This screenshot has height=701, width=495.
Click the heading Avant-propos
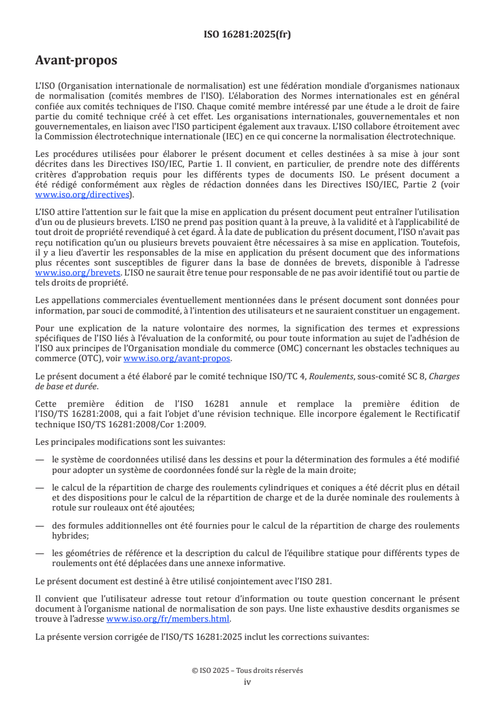[76, 61]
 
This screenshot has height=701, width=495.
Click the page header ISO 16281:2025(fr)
[247, 34]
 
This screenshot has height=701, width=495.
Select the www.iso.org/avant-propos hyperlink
[177, 359]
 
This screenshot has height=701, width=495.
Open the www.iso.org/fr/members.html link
[169, 619]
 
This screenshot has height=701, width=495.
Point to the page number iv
[247, 682]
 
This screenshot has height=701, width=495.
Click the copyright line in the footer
[247, 670]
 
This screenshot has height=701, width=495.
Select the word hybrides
[68, 535]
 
